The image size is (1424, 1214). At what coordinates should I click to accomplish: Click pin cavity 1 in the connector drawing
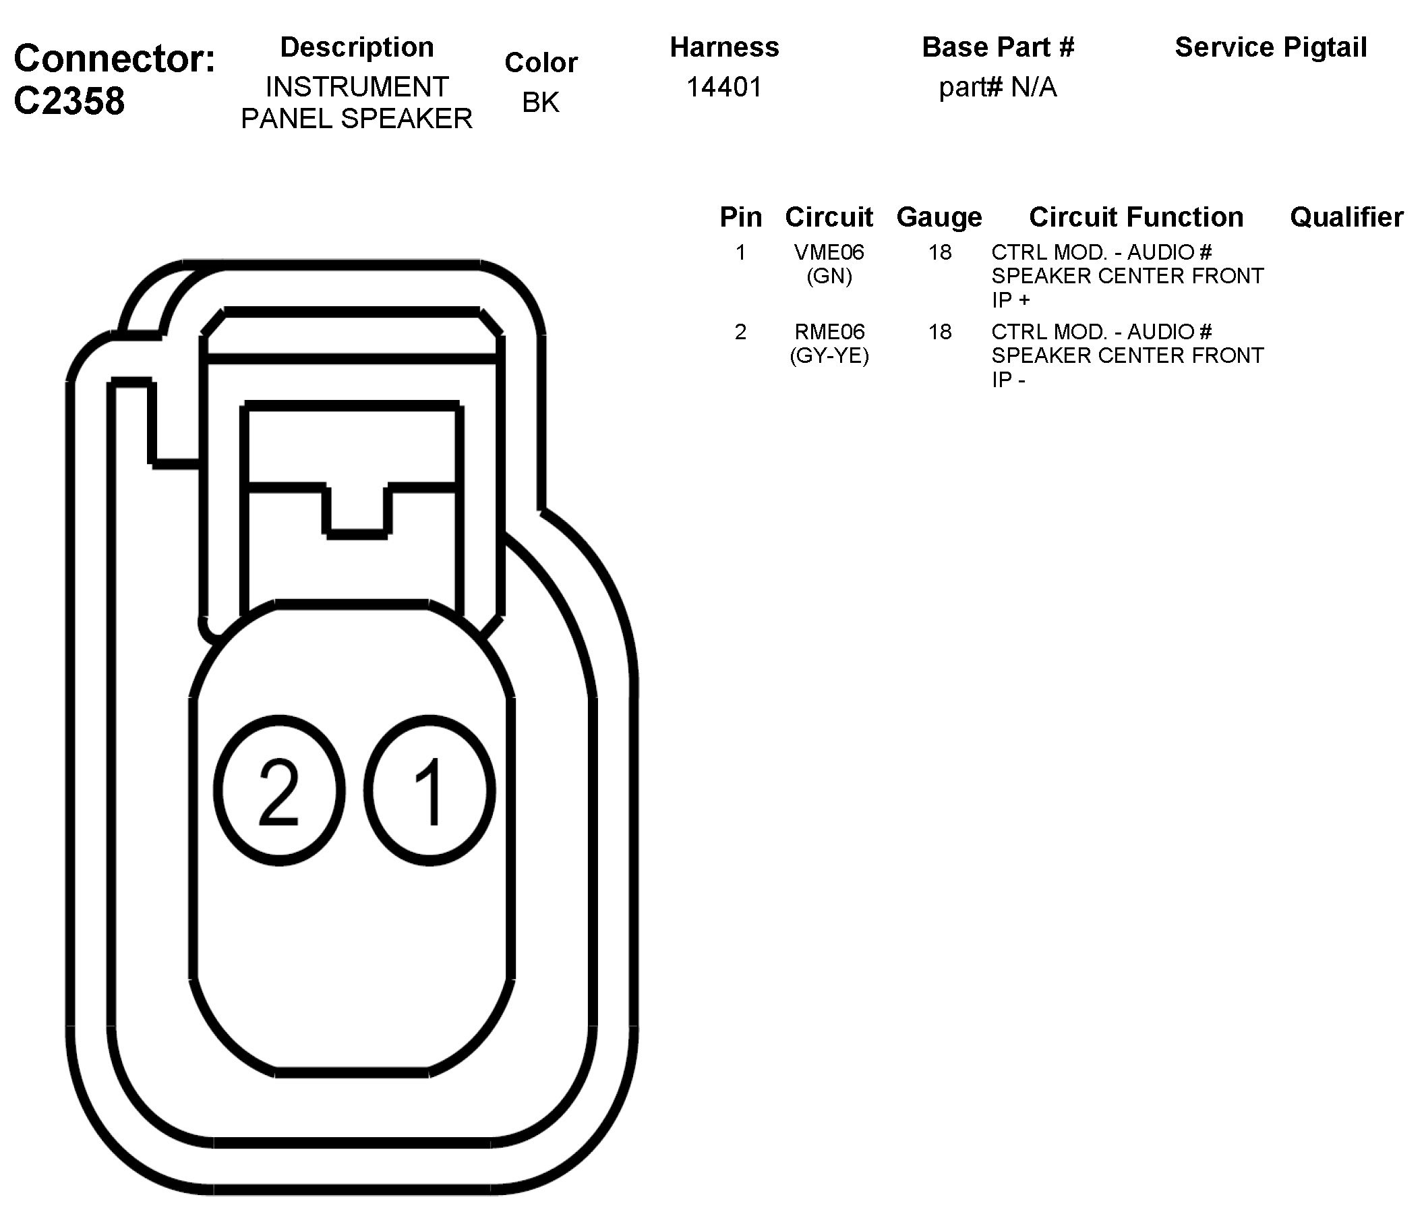coord(429,790)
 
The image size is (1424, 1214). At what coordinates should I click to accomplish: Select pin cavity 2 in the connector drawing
coord(279,790)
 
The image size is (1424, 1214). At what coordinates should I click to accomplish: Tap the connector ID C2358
coord(69,101)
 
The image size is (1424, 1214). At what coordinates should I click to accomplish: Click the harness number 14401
coord(723,87)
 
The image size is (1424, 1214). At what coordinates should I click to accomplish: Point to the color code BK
coord(541,103)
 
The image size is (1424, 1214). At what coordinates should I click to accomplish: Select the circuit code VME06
coord(829,252)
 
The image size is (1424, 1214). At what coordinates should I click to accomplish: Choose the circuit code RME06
coord(829,332)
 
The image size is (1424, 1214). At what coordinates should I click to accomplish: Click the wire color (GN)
coord(829,277)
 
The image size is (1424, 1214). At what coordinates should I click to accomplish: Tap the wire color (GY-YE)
coord(829,356)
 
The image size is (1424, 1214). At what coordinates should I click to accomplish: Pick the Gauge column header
coord(939,217)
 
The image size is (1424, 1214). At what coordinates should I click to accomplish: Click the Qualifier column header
coord(1346,217)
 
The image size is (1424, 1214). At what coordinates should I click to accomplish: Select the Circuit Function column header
coord(1136,217)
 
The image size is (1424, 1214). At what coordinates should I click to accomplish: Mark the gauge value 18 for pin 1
coord(939,252)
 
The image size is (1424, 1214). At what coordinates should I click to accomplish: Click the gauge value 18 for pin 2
coord(939,332)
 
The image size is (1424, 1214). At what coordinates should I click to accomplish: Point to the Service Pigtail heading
coord(1271,47)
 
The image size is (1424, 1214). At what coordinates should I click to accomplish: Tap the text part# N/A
coord(997,87)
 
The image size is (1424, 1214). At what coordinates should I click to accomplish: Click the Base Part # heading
coord(997,47)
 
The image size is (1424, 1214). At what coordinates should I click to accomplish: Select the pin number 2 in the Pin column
coord(740,332)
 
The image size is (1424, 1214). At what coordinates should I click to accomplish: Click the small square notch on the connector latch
coord(357,510)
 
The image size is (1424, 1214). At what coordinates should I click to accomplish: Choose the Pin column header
coord(740,217)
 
